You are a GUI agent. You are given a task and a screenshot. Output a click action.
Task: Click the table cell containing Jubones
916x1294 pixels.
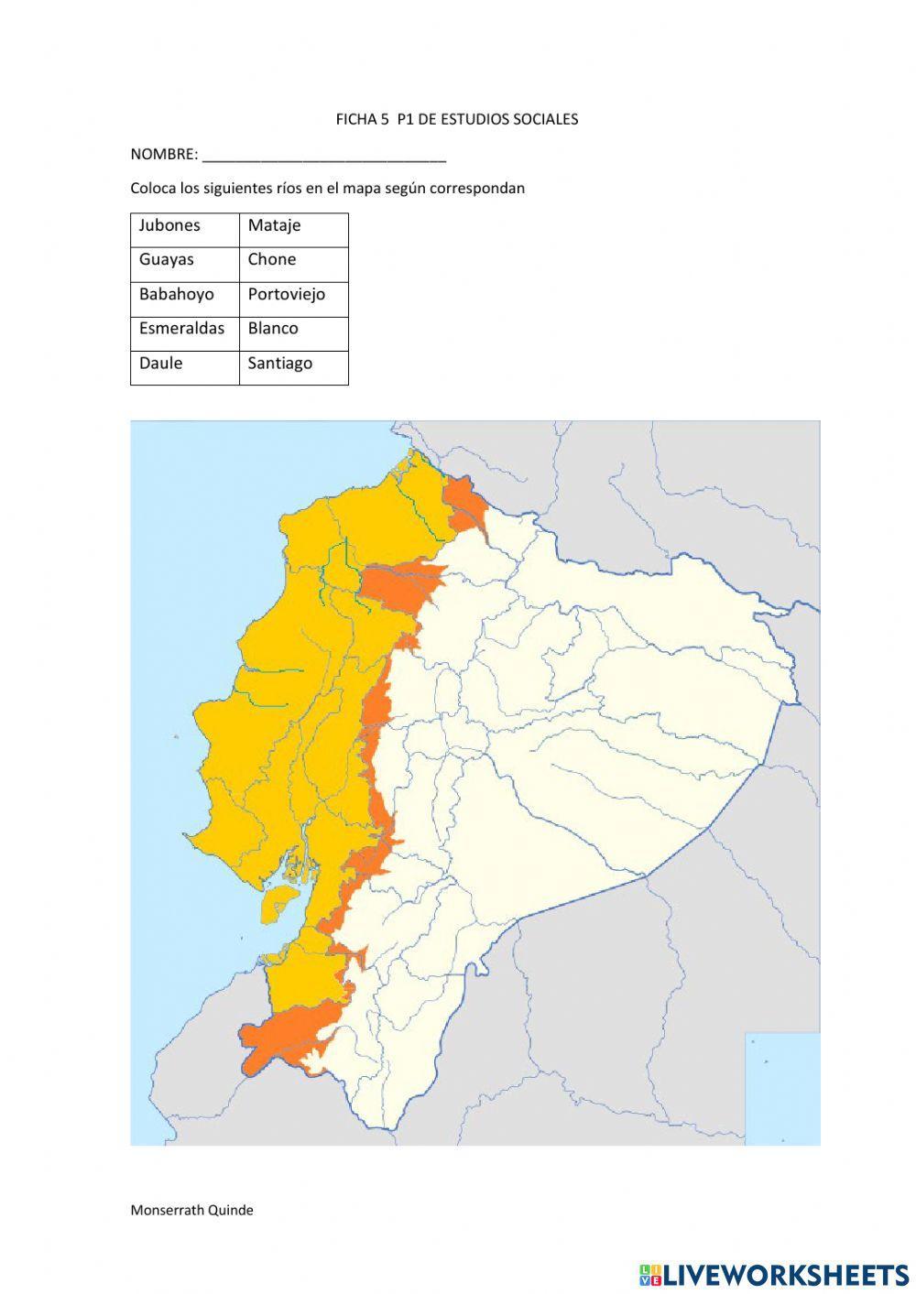pos(184,226)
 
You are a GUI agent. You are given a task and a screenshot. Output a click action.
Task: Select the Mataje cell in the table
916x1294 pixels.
pos(293,226)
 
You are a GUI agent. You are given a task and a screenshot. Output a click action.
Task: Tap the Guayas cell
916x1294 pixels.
pos(184,260)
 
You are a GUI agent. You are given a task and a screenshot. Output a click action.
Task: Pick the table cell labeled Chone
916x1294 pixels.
pos(293,260)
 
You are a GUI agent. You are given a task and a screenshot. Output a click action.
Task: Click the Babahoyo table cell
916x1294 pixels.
pos(184,295)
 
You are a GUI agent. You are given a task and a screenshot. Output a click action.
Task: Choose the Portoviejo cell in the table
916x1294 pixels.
pos(293,295)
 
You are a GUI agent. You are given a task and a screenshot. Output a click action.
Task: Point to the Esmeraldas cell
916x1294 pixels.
pos(184,329)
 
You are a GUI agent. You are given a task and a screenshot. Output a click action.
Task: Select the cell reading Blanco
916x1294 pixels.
pos(293,329)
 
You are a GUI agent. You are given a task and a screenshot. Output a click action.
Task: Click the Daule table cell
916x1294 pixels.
pos(184,364)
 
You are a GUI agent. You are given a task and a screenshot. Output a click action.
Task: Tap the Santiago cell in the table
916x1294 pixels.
pos(293,364)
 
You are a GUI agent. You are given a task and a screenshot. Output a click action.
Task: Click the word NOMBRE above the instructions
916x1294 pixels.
pos(163,154)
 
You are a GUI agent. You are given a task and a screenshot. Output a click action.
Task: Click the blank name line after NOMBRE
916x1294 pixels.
pos(323,156)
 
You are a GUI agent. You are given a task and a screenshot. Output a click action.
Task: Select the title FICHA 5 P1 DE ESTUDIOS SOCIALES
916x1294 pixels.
pos(456,119)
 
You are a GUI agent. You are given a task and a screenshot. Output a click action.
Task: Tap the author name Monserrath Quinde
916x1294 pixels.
pos(191,1210)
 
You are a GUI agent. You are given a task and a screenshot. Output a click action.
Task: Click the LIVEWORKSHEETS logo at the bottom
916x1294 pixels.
pos(774,1274)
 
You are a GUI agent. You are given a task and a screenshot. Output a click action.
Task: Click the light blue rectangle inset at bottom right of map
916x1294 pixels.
pos(781,1087)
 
